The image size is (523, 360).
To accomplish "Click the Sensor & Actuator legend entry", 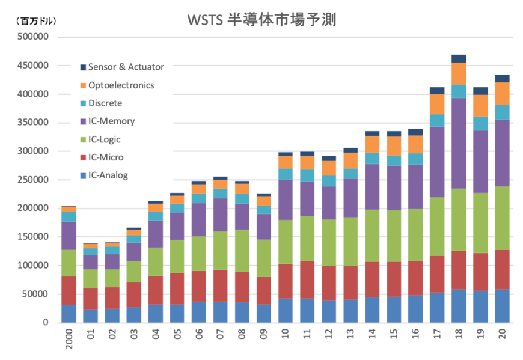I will [x=126, y=67].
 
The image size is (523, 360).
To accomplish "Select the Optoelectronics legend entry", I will [x=121, y=85].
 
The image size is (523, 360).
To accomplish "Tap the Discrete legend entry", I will [x=105, y=103].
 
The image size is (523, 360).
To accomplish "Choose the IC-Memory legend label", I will [x=111, y=121].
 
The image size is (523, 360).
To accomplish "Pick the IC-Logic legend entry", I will [x=104, y=139].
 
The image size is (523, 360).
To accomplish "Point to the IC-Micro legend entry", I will [x=106, y=157].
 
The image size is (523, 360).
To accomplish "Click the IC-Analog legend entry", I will [x=108, y=175].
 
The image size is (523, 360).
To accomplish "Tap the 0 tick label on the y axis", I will [x=45, y=323].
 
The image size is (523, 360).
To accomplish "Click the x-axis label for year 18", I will [x=459, y=333].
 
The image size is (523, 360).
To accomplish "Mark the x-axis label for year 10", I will [x=285, y=333].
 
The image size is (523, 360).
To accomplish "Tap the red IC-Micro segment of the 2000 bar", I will [x=69, y=291].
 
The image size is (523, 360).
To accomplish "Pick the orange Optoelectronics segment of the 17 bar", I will [x=437, y=104].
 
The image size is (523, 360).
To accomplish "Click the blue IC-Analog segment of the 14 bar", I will [x=372, y=310].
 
